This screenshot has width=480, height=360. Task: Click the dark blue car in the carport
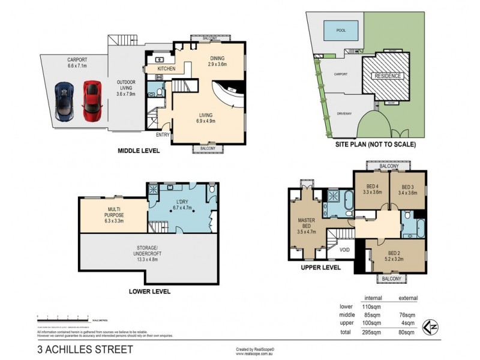pyautogui.click(x=65, y=100)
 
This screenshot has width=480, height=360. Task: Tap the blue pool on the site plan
pyautogui.click(x=340, y=28)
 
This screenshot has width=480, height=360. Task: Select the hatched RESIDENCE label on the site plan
pyautogui.click(x=387, y=76)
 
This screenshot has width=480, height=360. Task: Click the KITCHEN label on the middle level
pyautogui.click(x=166, y=69)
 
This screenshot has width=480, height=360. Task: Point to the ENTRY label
pyautogui.click(x=163, y=135)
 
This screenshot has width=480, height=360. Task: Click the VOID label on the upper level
pyautogui.click(x=344, y=249)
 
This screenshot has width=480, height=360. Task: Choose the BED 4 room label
pyautogui.click(x=372, y=189)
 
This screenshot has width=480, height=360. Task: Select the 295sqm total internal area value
pyautogui.click(x=370, y=332)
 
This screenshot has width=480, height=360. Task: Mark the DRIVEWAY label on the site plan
pyautogui.click(x=344, y=113)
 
